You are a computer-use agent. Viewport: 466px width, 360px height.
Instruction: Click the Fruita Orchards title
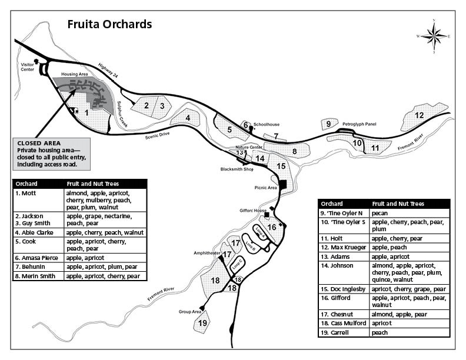(x=109, y=24)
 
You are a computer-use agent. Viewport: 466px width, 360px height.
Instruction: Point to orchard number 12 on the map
(x=420, y=115)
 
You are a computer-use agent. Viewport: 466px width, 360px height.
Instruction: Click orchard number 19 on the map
(x=203, y=323)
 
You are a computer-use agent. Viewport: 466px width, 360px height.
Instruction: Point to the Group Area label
(x=190, y=312)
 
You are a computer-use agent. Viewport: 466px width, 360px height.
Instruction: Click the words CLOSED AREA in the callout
(x=36, y=143)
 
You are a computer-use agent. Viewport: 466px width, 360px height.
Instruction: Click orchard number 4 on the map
(x=188, y=117)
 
